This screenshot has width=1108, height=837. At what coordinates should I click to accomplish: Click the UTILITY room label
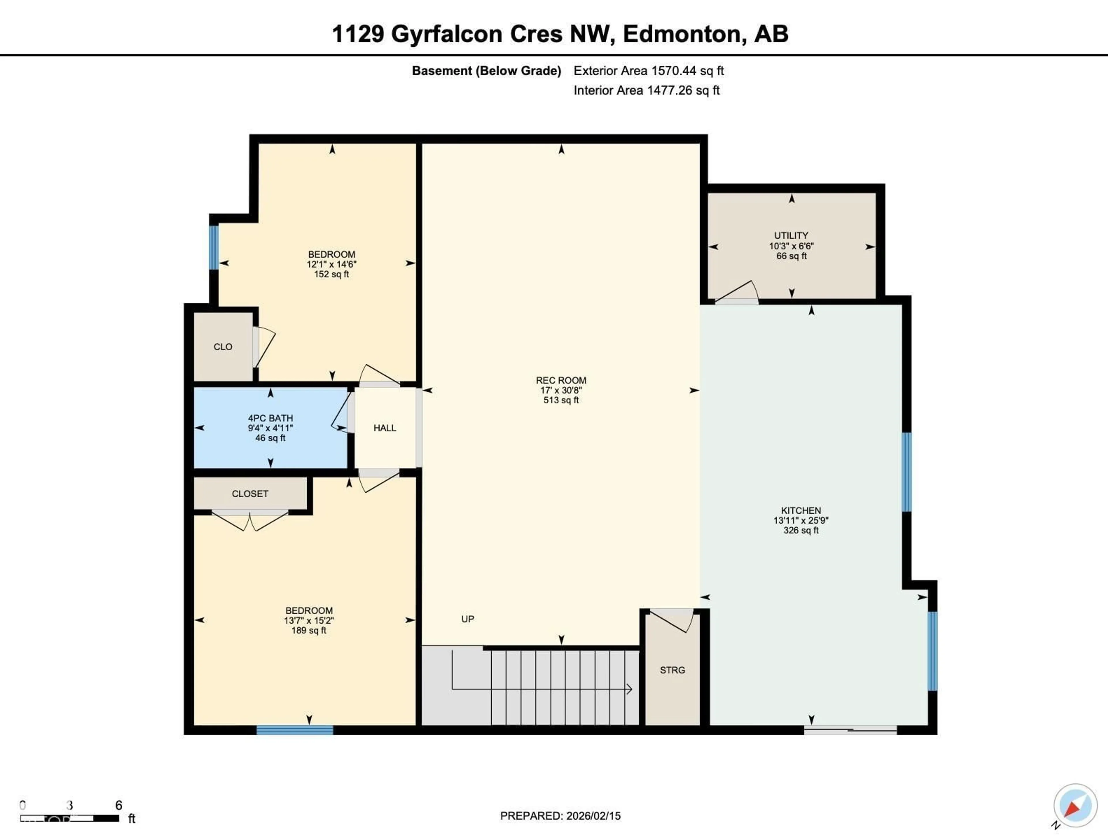point(791,235)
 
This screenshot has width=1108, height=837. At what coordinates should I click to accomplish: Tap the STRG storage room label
point(672,670)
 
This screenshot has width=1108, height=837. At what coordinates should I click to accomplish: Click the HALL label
point(385,428)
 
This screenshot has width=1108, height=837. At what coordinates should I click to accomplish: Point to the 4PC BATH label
point(270,418)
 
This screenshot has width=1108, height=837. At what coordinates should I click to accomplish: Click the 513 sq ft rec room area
point(561,400)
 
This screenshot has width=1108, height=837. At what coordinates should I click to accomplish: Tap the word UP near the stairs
point(467,619)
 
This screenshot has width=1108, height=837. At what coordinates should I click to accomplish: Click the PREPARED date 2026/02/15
point(560,816)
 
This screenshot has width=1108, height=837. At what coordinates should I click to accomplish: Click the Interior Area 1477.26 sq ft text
point(646,90)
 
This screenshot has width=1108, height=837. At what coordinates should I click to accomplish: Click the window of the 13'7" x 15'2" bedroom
point(295,730)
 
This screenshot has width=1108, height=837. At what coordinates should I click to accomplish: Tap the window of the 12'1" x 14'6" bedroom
point(214,247)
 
